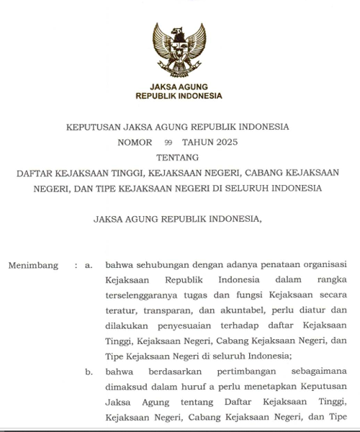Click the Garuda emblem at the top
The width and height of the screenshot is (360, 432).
179,49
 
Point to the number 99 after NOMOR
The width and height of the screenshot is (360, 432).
169,143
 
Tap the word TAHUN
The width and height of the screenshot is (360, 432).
196,142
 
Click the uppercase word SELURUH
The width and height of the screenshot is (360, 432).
241,189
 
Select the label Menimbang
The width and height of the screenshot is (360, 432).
33,265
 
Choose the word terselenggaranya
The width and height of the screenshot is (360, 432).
143,295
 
